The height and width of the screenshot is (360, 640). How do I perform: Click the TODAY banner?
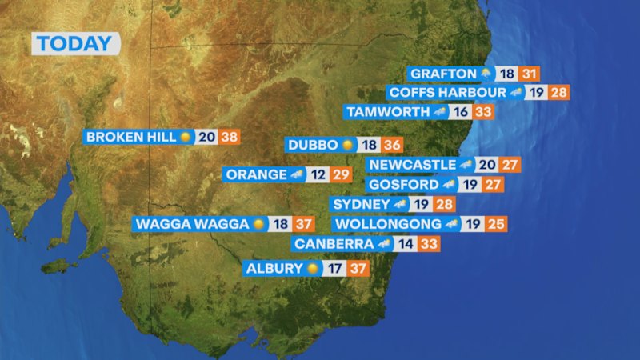coord(75,44)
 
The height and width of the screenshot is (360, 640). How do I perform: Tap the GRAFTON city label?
coord(443,74)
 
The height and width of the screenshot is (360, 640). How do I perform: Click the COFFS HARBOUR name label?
coord(447,93)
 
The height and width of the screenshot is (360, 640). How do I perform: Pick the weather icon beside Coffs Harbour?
coord(517,93)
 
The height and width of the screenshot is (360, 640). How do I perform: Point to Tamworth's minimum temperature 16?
coord(461,113)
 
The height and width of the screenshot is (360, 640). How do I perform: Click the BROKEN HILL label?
coord(130,137)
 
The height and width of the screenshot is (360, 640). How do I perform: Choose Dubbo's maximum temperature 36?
coord(392,146)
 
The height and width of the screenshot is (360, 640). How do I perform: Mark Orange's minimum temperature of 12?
coord(318,174)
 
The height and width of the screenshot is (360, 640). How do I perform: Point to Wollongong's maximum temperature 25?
coord(496,224)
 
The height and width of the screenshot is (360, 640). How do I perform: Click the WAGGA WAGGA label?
coord(192,224)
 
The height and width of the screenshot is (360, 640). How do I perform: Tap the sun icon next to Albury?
coord(312,269)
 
